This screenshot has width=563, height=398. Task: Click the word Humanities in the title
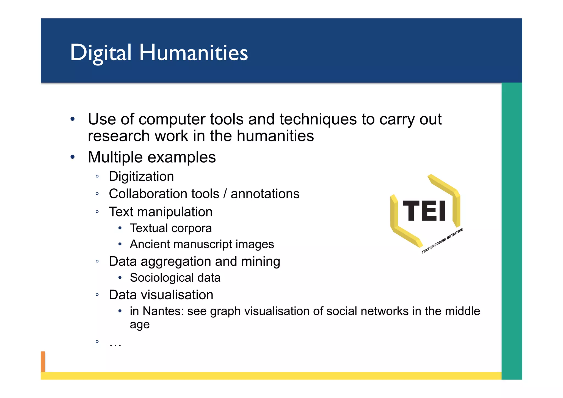[194, 53]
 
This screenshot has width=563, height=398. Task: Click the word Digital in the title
[101, 53]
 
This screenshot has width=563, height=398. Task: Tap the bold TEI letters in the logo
[424, 211]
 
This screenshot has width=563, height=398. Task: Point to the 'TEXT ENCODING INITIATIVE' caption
[442, 241]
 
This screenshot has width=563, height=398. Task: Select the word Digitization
[141, 176]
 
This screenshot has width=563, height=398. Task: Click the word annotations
[265, 194]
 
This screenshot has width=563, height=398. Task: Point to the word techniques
[318, 119]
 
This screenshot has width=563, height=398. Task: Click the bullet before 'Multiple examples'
[73, 157]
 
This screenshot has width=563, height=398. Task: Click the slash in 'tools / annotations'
[225, 194]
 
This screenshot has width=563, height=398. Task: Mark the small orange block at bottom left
[43, 361]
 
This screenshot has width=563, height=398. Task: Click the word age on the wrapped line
[140, 325]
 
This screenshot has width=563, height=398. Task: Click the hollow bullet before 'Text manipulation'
[97, 212]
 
